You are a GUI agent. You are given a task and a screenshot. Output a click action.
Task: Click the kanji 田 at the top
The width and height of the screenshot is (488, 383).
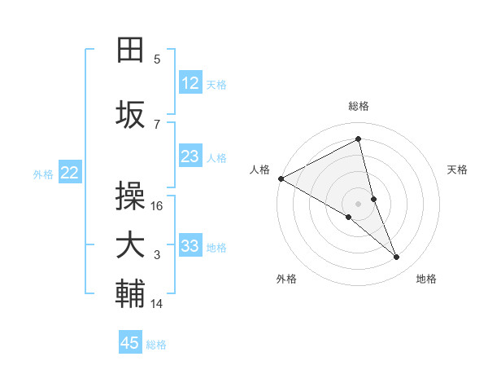130,51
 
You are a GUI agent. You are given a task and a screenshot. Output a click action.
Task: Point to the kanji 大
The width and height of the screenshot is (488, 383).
130,246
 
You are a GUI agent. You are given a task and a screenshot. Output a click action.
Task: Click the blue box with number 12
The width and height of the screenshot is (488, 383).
190,83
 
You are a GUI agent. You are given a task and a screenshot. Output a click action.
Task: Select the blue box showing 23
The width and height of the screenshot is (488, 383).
190,156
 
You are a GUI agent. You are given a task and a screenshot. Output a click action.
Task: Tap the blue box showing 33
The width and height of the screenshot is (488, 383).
190,246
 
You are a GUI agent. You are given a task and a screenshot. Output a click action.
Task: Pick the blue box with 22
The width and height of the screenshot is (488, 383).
70,172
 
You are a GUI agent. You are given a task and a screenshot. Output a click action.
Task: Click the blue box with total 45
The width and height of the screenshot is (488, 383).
130,343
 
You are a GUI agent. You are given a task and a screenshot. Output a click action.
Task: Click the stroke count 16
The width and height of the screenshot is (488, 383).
158,206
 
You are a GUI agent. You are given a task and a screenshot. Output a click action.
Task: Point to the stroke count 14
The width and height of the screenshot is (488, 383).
157,304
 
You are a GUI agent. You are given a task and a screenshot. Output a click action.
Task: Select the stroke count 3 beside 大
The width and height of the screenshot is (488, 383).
157,255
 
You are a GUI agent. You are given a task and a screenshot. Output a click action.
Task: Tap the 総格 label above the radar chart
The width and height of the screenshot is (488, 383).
359,106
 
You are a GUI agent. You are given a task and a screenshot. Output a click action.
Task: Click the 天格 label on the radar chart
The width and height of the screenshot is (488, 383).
458,169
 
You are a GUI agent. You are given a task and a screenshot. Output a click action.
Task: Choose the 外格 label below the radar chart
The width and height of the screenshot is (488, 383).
286,279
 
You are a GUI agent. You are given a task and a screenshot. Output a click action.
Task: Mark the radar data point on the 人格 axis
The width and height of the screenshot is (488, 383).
281,178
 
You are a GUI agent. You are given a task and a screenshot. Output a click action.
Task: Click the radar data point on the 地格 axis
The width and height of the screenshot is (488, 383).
397,258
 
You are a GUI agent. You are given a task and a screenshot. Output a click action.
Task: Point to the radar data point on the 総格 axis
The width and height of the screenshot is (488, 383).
359,139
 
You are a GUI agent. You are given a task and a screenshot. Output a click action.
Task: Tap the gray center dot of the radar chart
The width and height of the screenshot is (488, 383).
359,202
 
